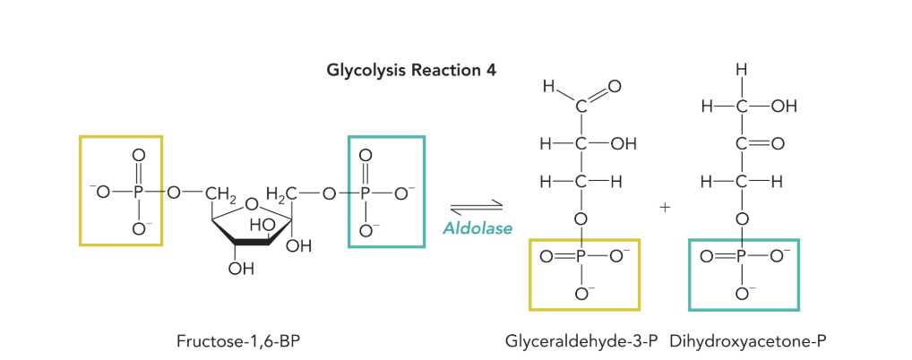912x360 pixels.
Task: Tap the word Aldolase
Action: pyautogui.click(x=478, y=228)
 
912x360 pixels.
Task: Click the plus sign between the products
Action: pyautogui.click(x=665, y=207)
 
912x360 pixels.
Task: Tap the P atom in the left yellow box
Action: pyautogui.click(x=137, y=192)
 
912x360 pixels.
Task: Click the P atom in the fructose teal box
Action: pyautogui.click(x=366, y=192)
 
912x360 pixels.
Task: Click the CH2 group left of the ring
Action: pyautogui.click(x=219, y=192)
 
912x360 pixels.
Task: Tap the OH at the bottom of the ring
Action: pyautogui.click(x=241, y=266)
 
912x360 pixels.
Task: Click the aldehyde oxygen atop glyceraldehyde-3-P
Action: pyautogui.click(x=614, y=87)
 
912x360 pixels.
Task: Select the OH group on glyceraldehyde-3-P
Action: pyautogui.click(x=624, y=143)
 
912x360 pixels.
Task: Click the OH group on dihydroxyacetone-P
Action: pyautogui.click(x=783, y=106)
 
